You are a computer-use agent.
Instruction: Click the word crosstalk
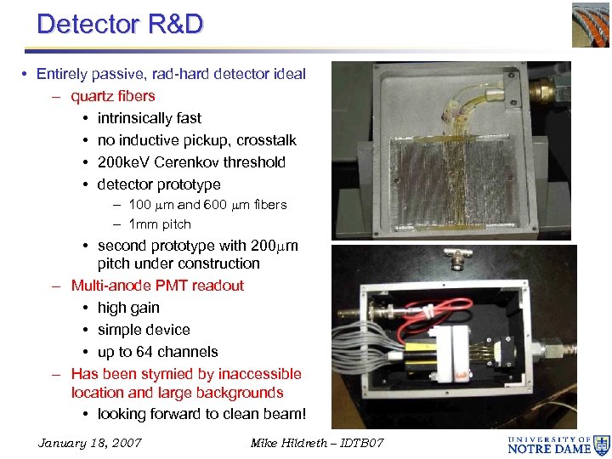point(266,140)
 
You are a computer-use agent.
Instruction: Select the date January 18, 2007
point(90,443)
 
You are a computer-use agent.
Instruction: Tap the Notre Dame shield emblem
point(602,444)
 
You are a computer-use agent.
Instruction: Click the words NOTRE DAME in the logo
point(549,449)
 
